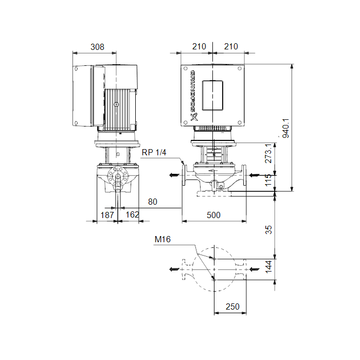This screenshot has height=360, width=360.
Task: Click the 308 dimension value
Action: (97, 47)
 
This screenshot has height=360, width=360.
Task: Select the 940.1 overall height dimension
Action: (286, 129)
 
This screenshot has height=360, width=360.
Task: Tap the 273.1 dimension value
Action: (268, 153)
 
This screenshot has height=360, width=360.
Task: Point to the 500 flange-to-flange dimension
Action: (213, 215)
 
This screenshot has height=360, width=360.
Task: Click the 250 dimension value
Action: (232, 307)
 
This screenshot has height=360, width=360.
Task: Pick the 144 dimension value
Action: (268, 267)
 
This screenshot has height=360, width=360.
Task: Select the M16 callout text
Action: (163, 240)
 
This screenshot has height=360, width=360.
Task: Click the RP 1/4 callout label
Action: (154, 152)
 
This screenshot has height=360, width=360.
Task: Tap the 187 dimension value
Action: (107, 215)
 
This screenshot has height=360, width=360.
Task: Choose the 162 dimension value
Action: (133, 214)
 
